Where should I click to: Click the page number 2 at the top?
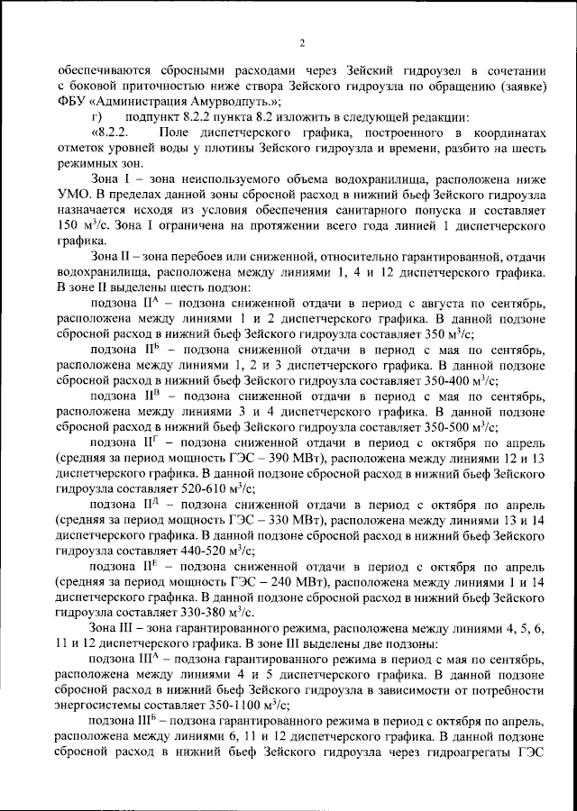[x=302, y=41]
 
